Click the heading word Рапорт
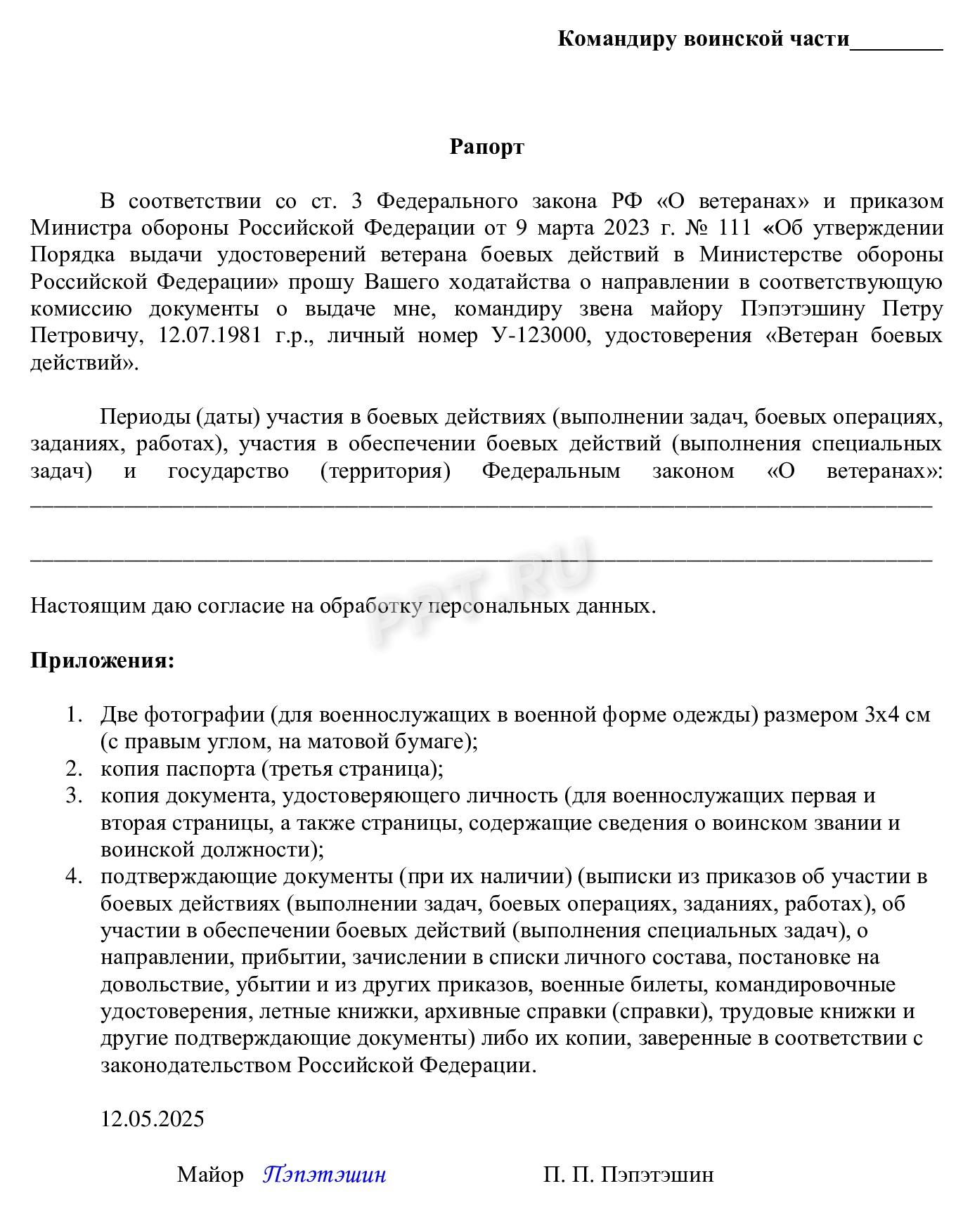[x=486, y=147]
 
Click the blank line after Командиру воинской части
[x=896, y=42]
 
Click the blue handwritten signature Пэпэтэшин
[x=325, y=1174]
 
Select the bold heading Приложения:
[x=102, y=660]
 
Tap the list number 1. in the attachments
[x=75, y=715]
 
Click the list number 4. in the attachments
[x=75, y=877]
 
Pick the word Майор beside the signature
[x=210, y=1174]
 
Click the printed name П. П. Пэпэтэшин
[x=628, y=1174]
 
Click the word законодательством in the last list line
[x=196, y=1065]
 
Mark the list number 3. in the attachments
[x=75, y=796]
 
